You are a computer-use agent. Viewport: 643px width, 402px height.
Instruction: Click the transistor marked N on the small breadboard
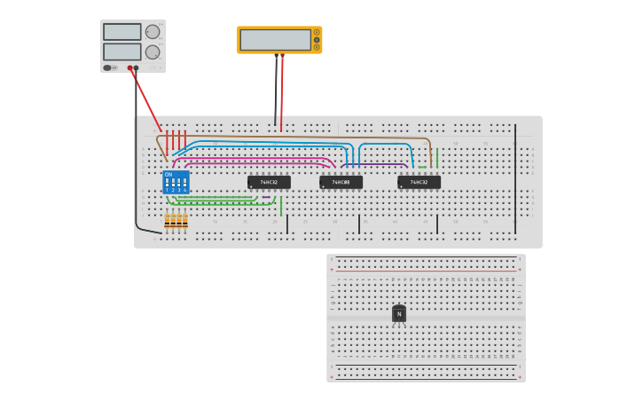[x=399, y=314]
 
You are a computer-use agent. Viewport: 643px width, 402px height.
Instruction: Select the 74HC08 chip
[x=341, y=182]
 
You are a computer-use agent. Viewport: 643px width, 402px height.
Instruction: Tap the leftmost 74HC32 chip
[x=269, y=182]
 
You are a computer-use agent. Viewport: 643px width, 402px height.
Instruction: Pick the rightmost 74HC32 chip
[x=419, y=182]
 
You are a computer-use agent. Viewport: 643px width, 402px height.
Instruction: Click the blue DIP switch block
[x=176, y=183]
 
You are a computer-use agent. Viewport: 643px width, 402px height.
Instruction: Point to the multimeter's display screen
[x=275, y=40]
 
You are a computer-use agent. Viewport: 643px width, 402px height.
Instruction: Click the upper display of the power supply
[x=122, y=32]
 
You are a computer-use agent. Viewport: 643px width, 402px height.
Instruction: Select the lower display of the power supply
[x=122, y=51]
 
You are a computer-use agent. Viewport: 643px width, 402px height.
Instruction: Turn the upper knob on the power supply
[x=153, y=32]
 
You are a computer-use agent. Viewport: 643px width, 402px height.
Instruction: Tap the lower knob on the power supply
[x=153, y=51]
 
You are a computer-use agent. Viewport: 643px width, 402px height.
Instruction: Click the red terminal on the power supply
[x=129, y=67]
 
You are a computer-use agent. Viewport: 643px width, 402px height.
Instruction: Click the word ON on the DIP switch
[x=168, y=175]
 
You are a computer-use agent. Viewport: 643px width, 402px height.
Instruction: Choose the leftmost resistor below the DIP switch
[x=167, y=221]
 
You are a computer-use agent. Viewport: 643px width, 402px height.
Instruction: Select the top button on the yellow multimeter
[x=317, y=33]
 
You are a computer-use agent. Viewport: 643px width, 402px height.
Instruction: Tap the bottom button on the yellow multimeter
[x=317, y=47]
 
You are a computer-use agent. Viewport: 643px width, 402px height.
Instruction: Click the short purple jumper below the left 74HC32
[x=266, y=197]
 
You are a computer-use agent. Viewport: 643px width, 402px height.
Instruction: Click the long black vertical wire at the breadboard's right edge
[x=515, y=177]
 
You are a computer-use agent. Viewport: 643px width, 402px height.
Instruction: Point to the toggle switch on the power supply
[x=107, y=67]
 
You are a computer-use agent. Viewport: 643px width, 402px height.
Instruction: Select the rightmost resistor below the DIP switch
[x=185, y=221]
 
